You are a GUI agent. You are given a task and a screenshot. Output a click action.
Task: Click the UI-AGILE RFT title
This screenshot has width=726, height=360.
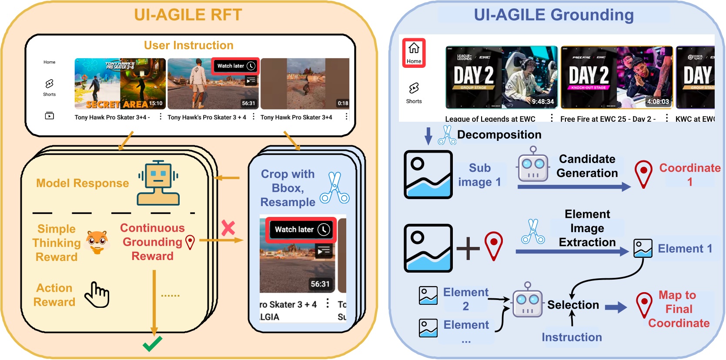pyautogui.click(x=187, y=15)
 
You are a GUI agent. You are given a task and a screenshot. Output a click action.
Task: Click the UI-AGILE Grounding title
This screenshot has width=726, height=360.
pyautogui.click(x=553, y=15)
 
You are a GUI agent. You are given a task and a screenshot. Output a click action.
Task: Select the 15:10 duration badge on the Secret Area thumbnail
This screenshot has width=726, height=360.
pyautogui.click(x=156, y=103)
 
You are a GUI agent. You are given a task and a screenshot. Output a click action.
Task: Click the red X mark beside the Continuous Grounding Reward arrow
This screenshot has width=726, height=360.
pyautogui.click(x=228, y=228)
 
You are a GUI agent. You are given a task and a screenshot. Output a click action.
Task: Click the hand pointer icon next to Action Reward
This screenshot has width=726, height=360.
pyautogui.click(x=97, y=295)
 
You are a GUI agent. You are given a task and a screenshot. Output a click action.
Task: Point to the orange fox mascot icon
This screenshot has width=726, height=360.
pyautogui.click(x=97, y=242)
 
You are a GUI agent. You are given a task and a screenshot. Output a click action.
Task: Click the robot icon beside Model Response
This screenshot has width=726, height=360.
pyautogui.click(x=158, y=183)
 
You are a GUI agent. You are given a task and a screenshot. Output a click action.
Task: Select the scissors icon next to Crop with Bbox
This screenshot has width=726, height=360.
pyautogui.click(x=335, y=188)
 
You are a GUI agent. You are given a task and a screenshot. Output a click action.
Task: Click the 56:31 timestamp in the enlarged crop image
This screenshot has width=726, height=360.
pyautogui.click(x=320, y=284)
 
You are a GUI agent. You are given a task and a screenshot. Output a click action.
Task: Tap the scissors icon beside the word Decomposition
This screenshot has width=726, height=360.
pyautogui.click(x=447, y=135)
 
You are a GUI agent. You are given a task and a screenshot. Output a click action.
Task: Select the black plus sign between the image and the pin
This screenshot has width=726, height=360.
pyautogui.click(x=468, y=248)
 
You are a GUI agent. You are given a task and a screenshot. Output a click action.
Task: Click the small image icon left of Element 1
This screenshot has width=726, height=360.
pyautogui.click(x=642, y=248)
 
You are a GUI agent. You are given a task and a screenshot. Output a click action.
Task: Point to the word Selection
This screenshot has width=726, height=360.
pyautogui.click(x=573, y=305)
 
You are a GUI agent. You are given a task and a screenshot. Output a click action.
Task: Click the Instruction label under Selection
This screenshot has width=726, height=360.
pyautogui.click(x=572, y=337)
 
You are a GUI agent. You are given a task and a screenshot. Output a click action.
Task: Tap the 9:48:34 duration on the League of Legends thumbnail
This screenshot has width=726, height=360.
pyautogui.click(x=542, y=102)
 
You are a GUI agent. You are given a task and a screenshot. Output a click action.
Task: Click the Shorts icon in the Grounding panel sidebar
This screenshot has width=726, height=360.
pyautogui.click(x=414, y=89)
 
